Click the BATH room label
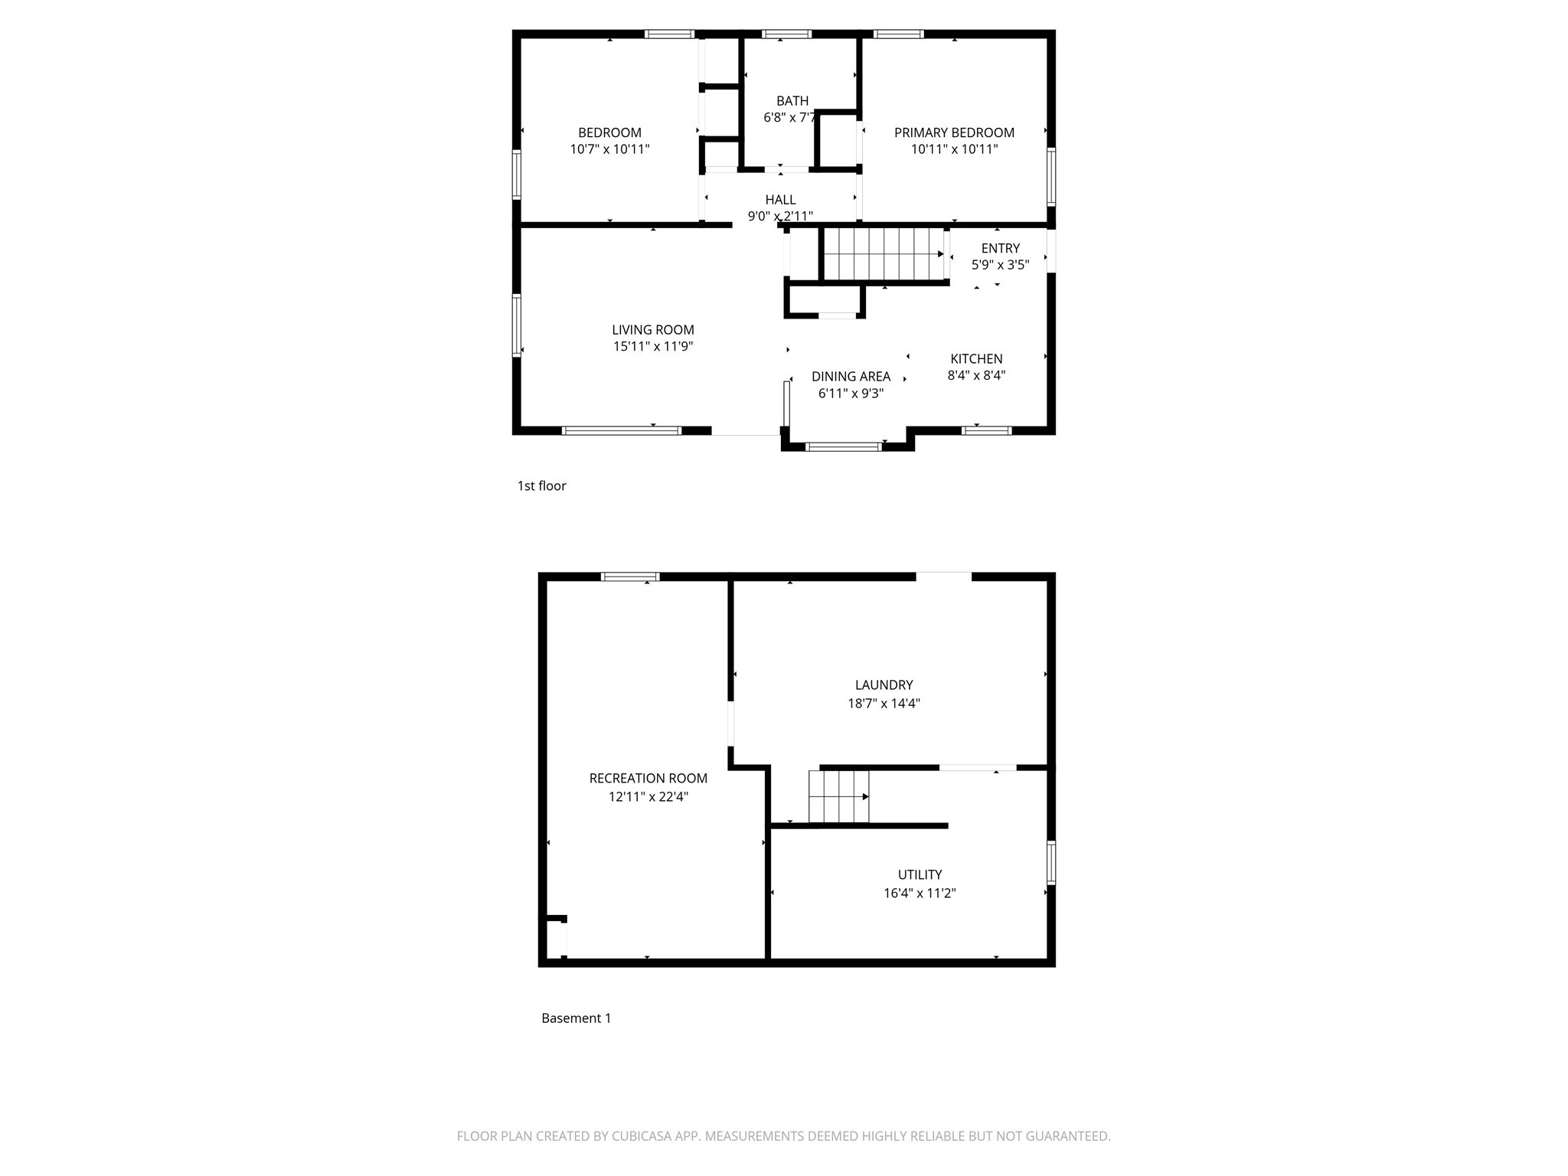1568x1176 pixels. tap(792, 100)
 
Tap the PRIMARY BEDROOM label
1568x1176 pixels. tap(954, 132)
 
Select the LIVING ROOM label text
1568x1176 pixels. tap(653, 330)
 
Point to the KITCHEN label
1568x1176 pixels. tap(976, 359)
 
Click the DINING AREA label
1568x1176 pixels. tap(851, 377)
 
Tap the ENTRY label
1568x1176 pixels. tap(1000, 248)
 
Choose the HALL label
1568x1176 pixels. tap(780, 200)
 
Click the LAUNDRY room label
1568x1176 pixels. tap(884, 685)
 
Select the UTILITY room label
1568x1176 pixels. tap(920, 874)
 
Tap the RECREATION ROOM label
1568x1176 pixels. tap(648, 779)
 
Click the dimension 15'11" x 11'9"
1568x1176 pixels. tap(653, 347)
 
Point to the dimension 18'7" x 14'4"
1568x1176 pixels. tap(884, 704)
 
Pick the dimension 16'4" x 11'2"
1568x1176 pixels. tap(920, 893)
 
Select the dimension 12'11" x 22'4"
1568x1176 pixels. tap(648, 797)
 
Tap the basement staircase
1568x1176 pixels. tap(839, 796)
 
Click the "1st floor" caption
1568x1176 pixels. tap(541, 486)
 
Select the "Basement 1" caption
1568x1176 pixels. tap(576, 1018)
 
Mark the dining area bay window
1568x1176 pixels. tap(843, 446)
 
